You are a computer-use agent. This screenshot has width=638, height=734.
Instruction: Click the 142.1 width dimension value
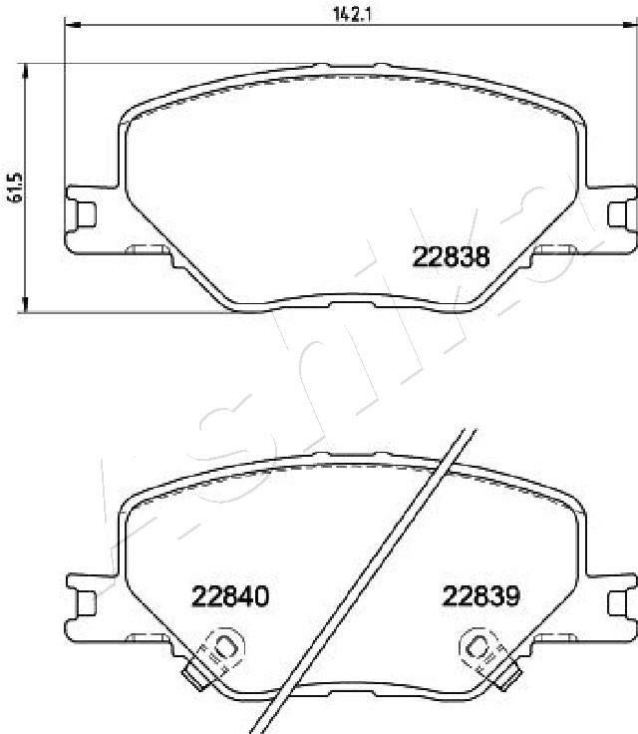(352, 15)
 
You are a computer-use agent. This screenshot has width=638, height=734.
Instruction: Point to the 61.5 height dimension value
(15, 187)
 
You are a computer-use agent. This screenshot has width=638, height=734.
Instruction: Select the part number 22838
(451, 256)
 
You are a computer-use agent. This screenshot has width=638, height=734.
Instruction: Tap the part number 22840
(230, 596)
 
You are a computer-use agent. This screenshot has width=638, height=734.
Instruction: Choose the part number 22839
(481, 596)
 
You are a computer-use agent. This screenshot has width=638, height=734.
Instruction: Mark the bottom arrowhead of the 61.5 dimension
(25, 303)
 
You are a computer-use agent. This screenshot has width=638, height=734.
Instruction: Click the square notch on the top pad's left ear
(86, 214)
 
